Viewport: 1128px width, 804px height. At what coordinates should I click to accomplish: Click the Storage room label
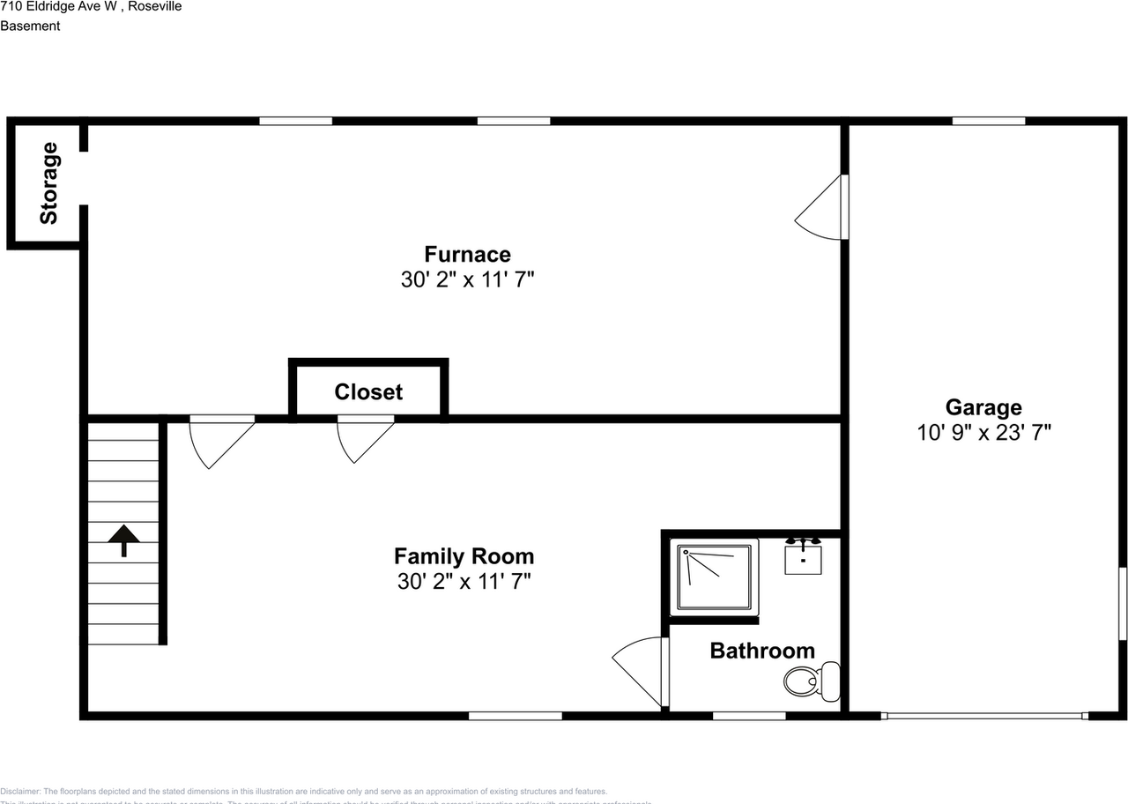tap(48, 183)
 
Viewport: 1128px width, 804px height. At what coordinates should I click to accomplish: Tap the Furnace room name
tap(467, 254)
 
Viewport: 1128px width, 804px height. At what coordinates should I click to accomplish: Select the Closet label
tap(368, 392)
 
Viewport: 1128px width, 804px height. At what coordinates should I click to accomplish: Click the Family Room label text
tap(464, 556)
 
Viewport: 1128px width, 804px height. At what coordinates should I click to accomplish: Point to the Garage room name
tap(983, 407)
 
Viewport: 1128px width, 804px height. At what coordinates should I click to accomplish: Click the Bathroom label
tap(762, 651)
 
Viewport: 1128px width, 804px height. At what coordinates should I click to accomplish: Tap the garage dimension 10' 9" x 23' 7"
tap(983, 433)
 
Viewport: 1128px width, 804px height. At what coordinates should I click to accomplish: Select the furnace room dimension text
tap(467, 279)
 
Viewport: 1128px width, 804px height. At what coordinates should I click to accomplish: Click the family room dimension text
tap(464, 582)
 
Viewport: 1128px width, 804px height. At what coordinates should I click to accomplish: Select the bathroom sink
tap(803, 557)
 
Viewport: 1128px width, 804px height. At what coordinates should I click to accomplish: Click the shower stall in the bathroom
tap(714, 577)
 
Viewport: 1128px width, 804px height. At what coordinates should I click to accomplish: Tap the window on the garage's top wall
tap(988, 121)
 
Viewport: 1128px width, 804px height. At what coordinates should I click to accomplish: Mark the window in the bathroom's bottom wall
tap(749, 716)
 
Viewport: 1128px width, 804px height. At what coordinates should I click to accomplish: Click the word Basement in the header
tap(30, 26)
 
